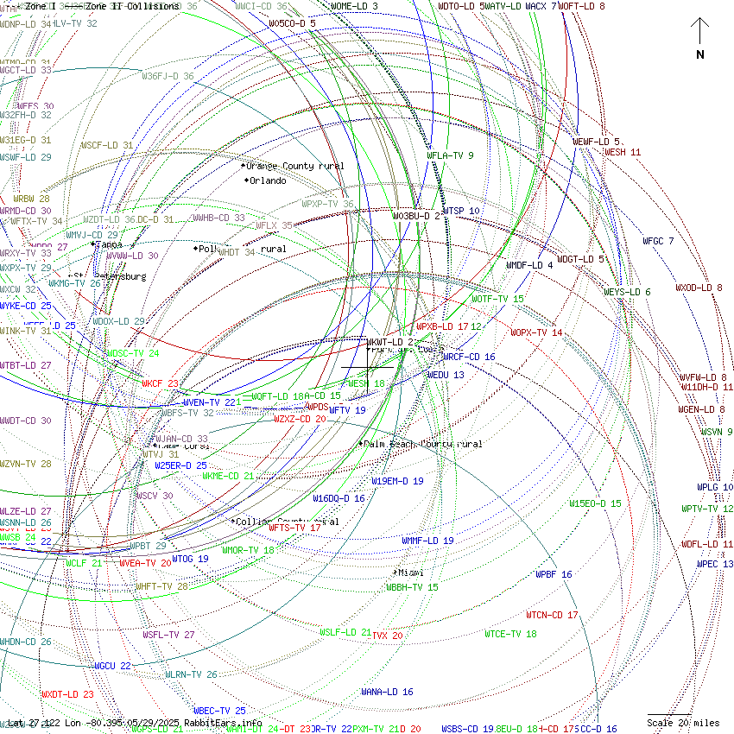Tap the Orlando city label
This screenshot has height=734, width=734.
(267, 180)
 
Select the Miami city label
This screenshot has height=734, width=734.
(410, 573)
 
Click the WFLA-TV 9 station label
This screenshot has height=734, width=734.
(451, 155)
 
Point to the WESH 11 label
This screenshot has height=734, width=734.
(623, 152)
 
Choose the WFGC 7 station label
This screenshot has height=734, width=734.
(658, 241)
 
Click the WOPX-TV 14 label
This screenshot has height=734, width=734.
(536, 332)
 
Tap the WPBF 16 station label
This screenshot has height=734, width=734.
(554, 574)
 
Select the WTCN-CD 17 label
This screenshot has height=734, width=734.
(552, 615)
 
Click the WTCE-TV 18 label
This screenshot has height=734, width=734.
(510, 634)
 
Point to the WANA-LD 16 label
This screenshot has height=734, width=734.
(387, 692)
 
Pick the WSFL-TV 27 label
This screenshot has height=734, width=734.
(168, 635)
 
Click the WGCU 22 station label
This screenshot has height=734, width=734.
(112, 666)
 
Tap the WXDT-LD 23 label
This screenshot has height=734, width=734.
(67, 694)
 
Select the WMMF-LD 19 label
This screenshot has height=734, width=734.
(427, 541)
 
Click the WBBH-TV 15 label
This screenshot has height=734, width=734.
(412, 587)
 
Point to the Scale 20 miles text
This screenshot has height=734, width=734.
(683, 723)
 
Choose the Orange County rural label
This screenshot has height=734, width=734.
(294, 166)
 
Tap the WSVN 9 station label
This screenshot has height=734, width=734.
(716, 432)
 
